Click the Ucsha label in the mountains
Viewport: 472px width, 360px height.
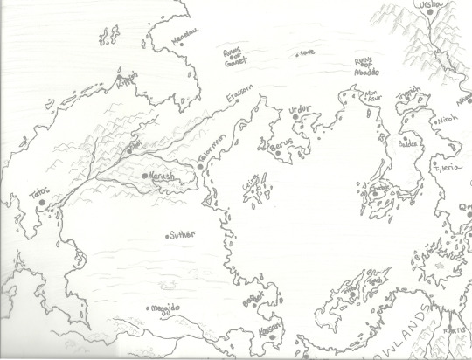pos(433,6)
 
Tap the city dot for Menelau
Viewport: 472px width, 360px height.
pos(171,38)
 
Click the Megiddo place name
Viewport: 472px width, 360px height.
pos(166,308)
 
